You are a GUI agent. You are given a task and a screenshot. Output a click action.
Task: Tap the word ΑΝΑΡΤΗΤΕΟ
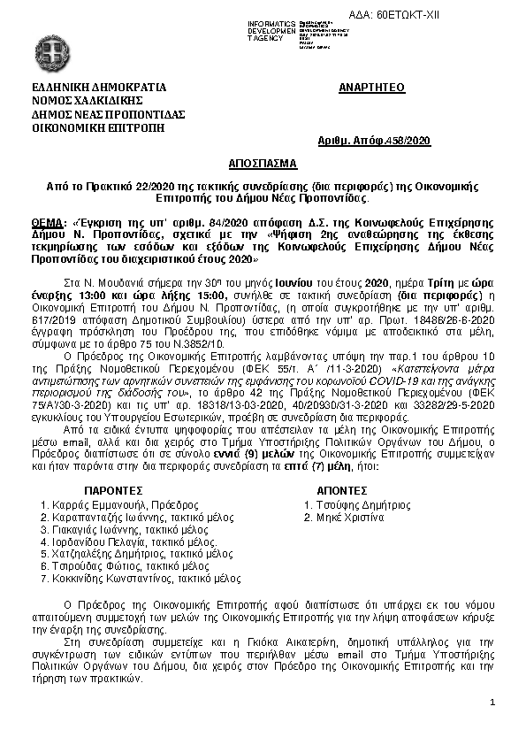[x=371, y=89]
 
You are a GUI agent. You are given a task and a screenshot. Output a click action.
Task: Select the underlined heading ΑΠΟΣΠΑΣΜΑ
[x=263, y=165]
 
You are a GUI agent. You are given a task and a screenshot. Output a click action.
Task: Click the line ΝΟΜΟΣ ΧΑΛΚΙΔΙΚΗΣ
[x=84, y=103]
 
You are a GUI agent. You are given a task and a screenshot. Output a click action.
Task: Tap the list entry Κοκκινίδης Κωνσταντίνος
[x=147, y=579]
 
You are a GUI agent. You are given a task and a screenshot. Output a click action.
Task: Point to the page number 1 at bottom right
[x=492, y=702]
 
